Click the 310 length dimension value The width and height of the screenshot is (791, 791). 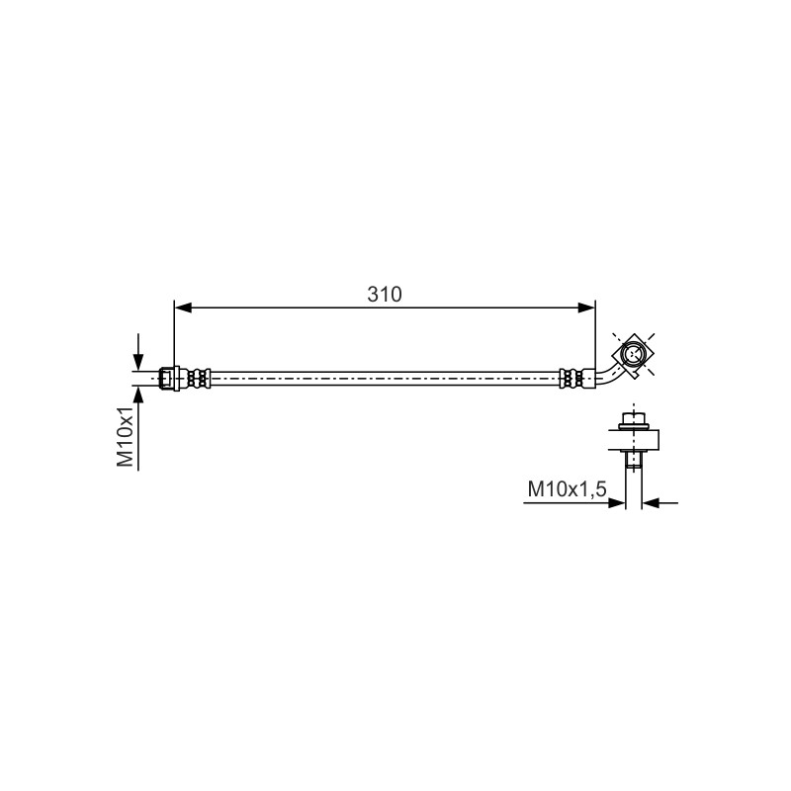coord(385,295)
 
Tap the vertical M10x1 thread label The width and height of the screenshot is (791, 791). coord(126,436)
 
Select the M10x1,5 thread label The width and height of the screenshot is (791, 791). coord(567,489)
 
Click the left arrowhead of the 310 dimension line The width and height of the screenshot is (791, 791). coord(183,308)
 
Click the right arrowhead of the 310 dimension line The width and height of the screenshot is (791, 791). coord(586,308)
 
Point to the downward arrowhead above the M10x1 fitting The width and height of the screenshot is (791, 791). coord(137,362)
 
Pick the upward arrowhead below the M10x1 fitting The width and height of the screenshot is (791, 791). coord(137,395)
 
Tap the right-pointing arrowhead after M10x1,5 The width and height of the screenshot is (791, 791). coord(617,503)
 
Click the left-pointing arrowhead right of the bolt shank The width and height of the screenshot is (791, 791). coord(651,503)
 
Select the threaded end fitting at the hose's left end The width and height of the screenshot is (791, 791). coord(170,379)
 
